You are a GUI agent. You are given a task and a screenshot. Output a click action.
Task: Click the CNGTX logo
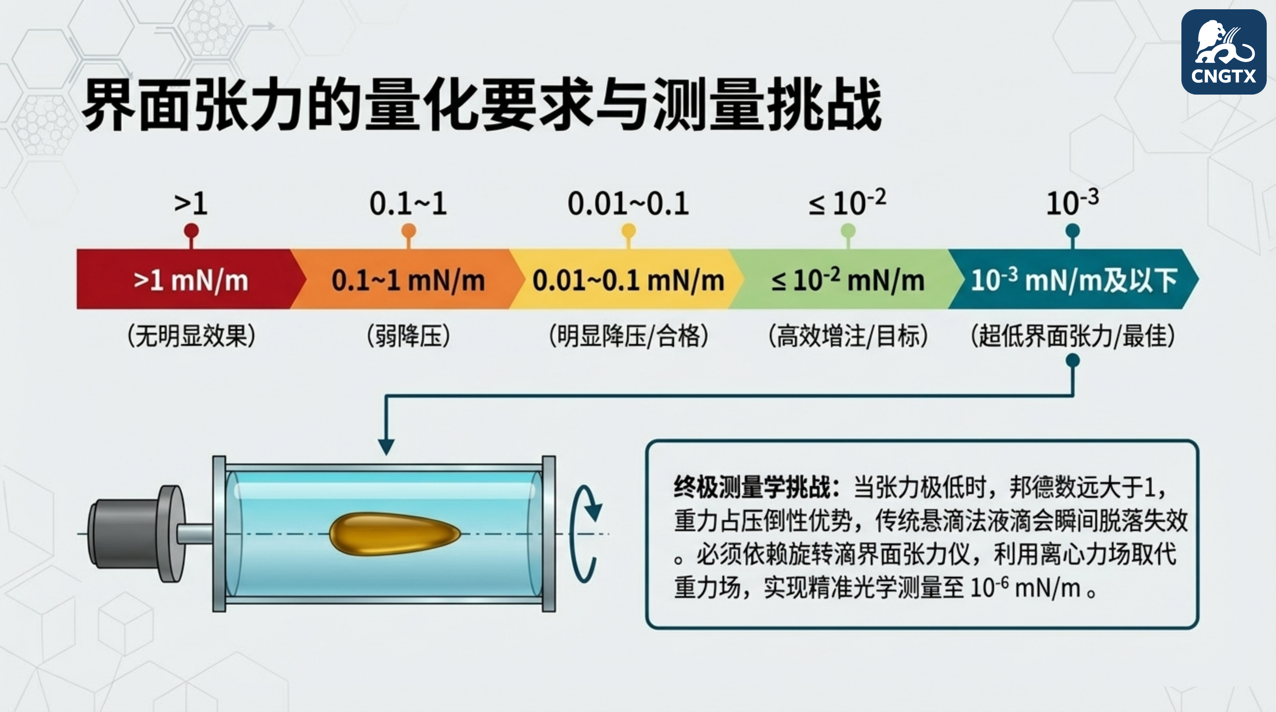tap(1223, 52)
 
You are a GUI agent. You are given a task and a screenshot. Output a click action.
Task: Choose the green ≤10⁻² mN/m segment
tap(848, 280)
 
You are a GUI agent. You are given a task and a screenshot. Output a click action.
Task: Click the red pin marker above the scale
tap(191, 231)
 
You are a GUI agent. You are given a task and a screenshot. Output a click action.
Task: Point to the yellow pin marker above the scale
tap(629, 231)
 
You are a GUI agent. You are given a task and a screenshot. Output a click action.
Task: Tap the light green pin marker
tap(848, 231)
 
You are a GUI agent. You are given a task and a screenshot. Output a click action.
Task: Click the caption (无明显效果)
tap(191, 336)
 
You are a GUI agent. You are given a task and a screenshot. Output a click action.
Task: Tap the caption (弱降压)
tap(408, 336)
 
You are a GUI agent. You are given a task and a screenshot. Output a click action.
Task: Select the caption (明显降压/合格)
tap(629, 336)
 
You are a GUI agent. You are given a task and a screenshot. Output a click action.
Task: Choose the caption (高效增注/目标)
tap(848, 336)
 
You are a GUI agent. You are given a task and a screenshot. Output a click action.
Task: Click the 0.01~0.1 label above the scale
tap(628, 203)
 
